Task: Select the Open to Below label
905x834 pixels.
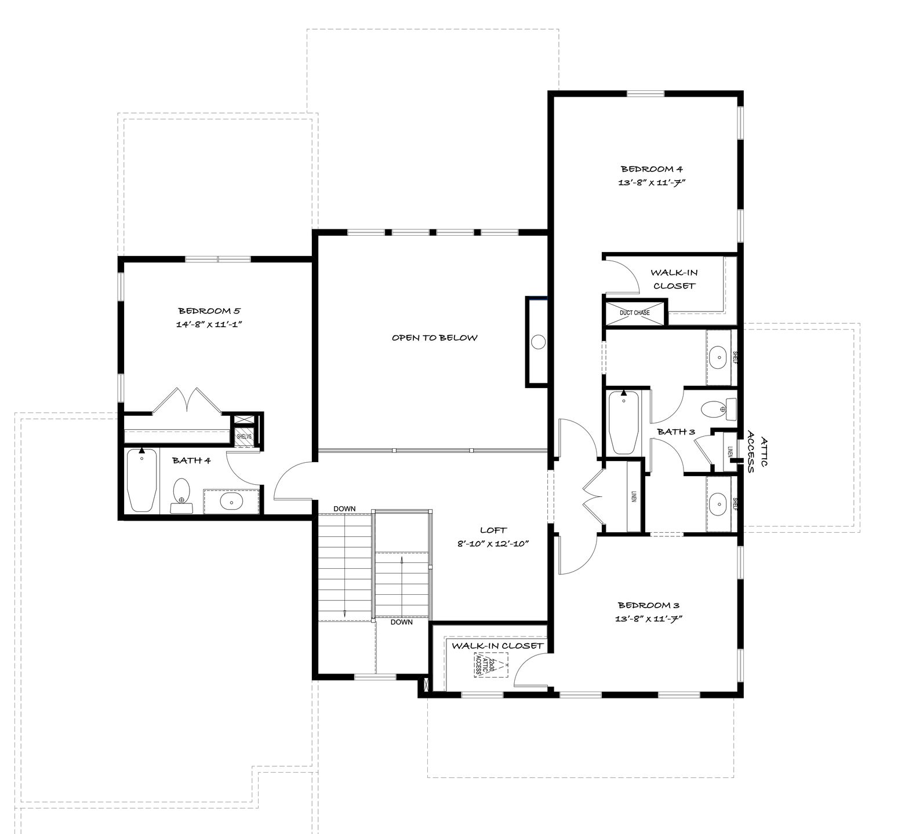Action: click(434, 338)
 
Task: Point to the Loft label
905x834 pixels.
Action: click(493, 530)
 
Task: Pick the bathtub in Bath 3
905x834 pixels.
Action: click(624, 423)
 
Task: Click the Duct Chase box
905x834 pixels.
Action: click(635, 313)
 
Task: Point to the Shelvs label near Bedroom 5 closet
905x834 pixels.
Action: click(244, 436)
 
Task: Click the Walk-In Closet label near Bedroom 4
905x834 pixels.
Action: click(673, 279)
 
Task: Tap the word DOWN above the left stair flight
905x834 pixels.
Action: click(344, 509)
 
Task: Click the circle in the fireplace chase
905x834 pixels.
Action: click(538, 342)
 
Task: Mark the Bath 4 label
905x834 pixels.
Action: click(191, 460)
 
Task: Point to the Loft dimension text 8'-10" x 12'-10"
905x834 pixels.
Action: click(493, 544)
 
